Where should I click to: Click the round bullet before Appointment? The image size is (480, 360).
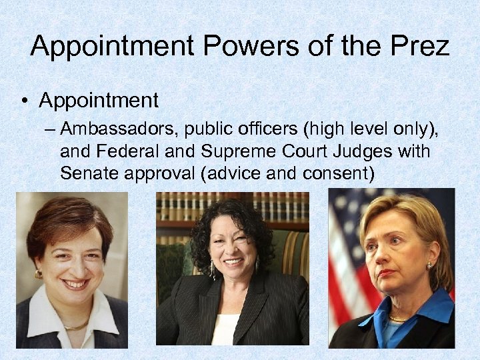[24, 102]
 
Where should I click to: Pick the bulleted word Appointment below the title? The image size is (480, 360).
[99, 101]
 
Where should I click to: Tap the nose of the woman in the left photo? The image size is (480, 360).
[77, 267]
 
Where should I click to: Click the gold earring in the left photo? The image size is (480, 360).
[39, 274]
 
